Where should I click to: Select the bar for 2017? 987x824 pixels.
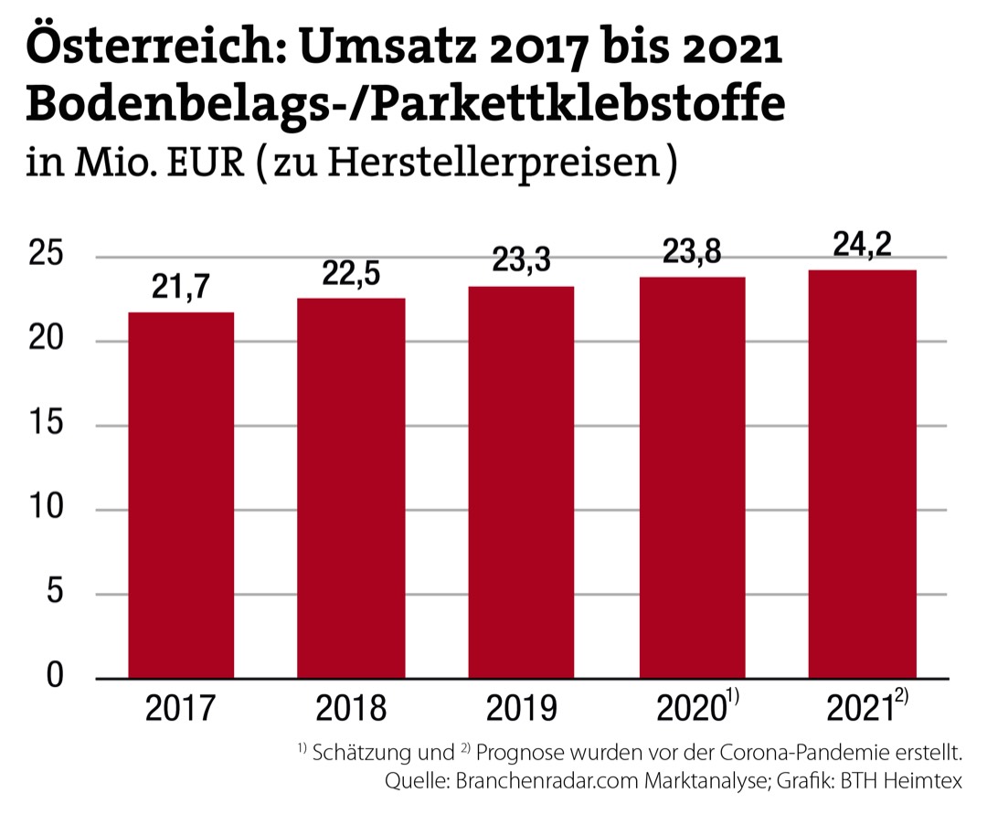click(181, 495)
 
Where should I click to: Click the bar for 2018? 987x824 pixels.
click(352, 488)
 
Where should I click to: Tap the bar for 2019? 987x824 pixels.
click(521, 482)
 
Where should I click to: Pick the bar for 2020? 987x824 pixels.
click(692, 478)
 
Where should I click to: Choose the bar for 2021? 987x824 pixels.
click(863, 474)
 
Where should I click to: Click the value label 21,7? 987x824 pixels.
click(181, 287)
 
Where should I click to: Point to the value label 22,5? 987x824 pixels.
click(352, 273)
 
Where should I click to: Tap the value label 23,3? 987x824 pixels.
click(521, 260)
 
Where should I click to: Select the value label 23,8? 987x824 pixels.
click(692, 251)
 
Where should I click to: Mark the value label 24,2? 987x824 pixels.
click(863, 244)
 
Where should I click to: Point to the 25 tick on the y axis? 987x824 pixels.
click(48, 256)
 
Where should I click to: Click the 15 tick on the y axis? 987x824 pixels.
click(48, 425)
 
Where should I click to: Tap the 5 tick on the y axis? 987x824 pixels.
click(57, 594)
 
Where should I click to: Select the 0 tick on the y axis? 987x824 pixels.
click(57, 677)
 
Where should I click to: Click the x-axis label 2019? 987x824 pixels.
click(521, 709)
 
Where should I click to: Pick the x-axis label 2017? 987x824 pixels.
click(181, 709)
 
